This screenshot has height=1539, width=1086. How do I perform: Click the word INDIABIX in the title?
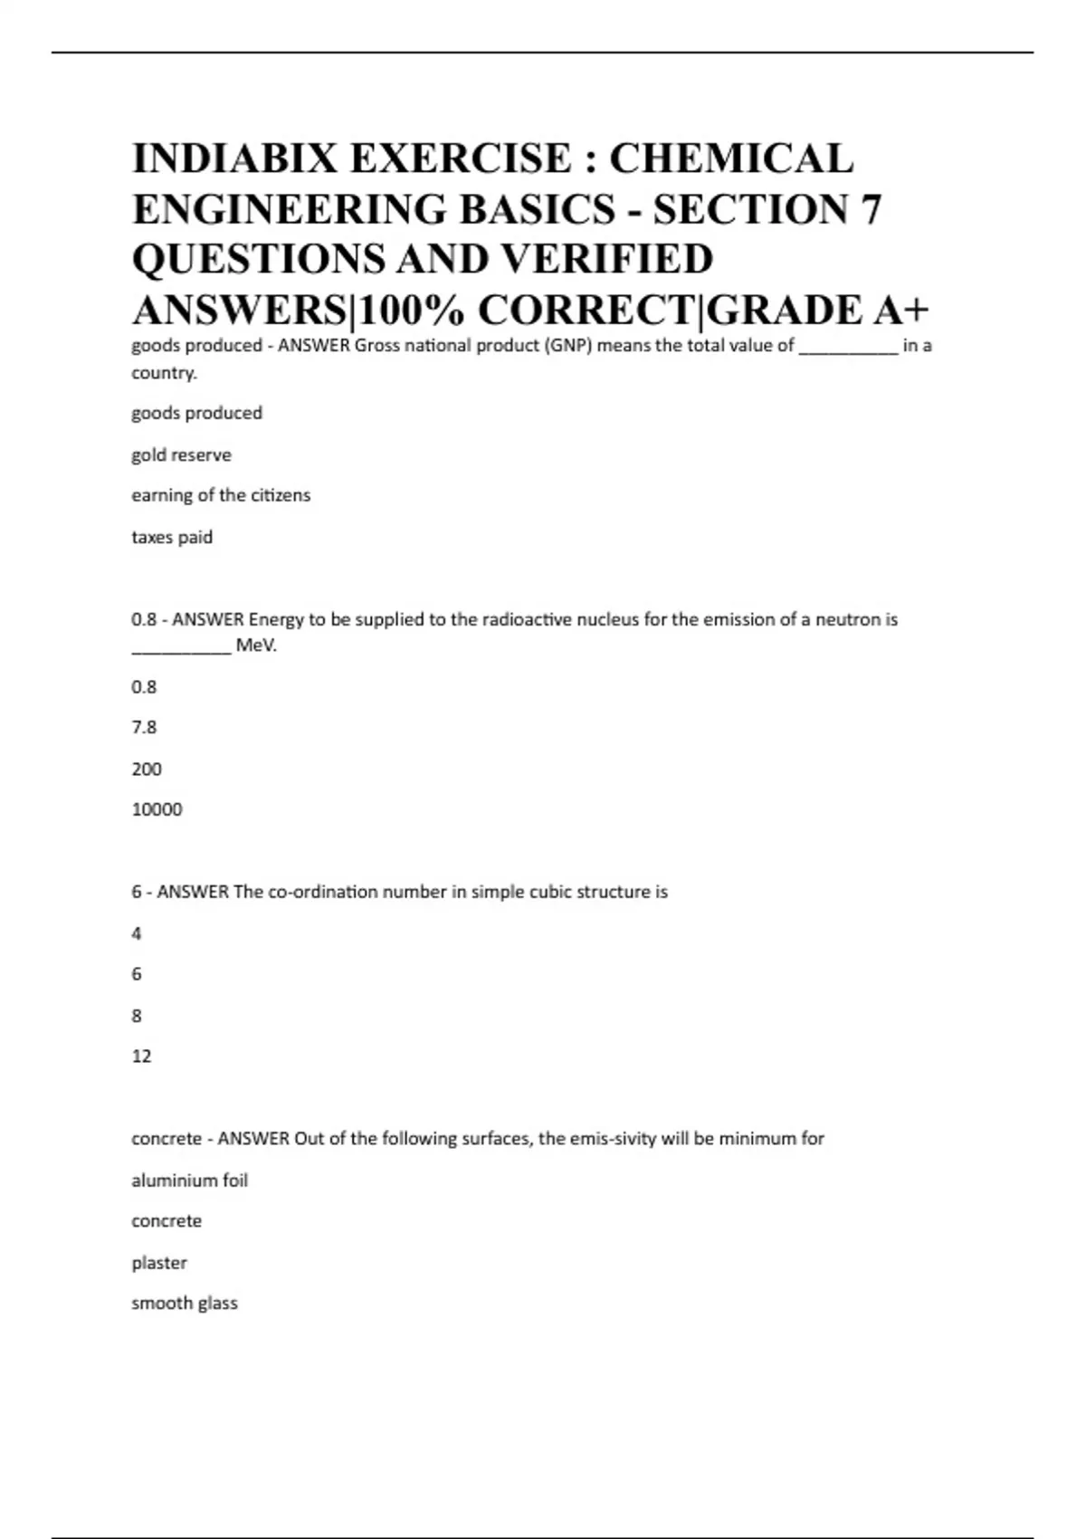[x=233, y=158]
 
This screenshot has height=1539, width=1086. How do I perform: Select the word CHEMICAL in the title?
[x=731, y=158]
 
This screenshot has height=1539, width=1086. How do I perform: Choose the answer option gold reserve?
[x=181, y=454]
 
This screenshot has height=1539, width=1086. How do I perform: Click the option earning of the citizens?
[x=221, y=495]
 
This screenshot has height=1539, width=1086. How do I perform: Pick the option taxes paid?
[x=172, y=537]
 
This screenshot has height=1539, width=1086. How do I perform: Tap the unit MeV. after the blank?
[x=256, y=645]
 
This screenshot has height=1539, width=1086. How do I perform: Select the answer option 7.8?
[x=144, y=727]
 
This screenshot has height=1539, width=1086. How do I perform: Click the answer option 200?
[x=147, y=769]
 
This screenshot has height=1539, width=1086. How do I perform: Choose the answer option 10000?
[x=157, y=809]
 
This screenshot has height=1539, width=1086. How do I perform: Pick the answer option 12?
[x=141, y=1056]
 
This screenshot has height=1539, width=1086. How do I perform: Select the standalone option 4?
[x=137, y=933]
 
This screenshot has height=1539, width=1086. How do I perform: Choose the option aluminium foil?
[x=189, y=1181]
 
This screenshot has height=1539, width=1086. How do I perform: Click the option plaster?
[x=159, y=1262]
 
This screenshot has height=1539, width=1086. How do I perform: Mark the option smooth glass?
[x=185, y=1303]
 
